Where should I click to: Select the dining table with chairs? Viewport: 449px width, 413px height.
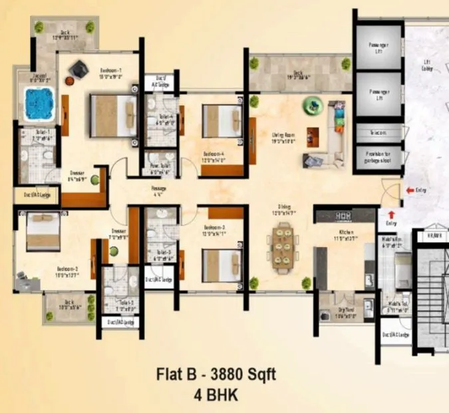[x=283, y=245]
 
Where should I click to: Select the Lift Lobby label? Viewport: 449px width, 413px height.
[x=430, y=67]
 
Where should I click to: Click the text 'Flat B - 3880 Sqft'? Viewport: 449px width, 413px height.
[x=216, y=374]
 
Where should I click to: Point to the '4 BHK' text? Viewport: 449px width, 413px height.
[x=216, y=394]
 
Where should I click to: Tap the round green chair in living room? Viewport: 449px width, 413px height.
[x=311, y=104]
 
